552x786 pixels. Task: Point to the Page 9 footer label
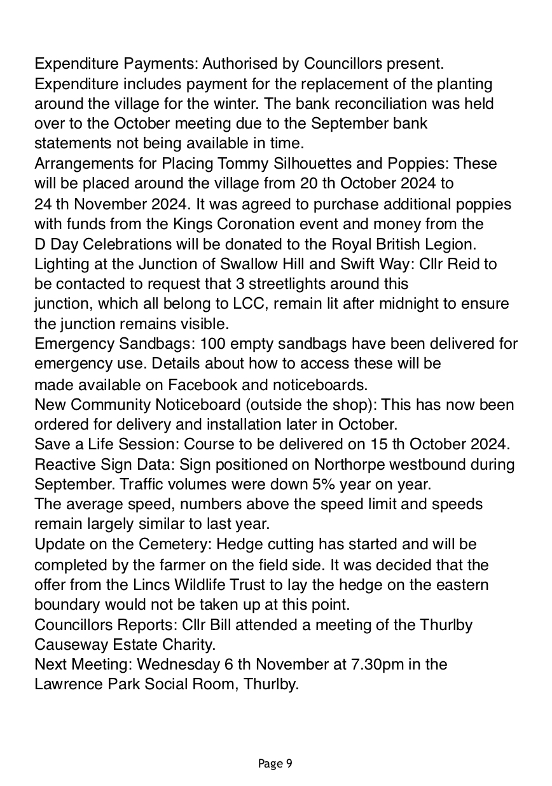click(x=275, y=764)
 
